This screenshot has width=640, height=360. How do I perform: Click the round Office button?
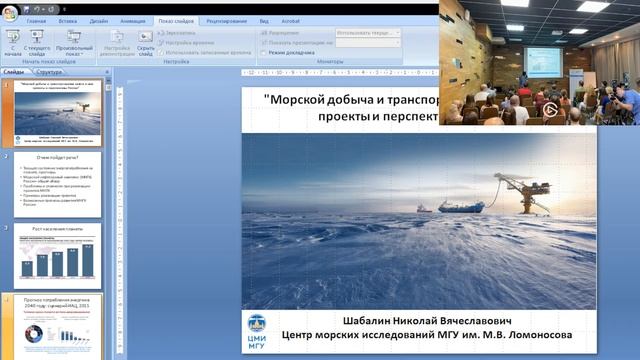click(x=11, y=9)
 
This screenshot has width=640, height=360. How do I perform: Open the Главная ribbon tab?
click(x=36, y=20)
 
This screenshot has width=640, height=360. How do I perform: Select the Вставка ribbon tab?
click(x=68, y=20)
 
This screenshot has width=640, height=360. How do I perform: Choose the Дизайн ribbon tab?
click(x=98, y=20)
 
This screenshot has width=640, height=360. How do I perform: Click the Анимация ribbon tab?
click(x=133, y=20)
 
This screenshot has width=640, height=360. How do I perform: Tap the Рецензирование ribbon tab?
click(x=228, y=20)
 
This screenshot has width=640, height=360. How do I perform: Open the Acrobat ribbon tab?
click(x=292, y=20)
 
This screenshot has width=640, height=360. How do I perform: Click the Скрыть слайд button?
click(x=145, y=43)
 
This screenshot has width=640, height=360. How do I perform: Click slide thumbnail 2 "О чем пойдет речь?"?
click(x=57, y=183)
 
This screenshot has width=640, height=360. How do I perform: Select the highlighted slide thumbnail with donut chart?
click(x=57, y=326)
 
